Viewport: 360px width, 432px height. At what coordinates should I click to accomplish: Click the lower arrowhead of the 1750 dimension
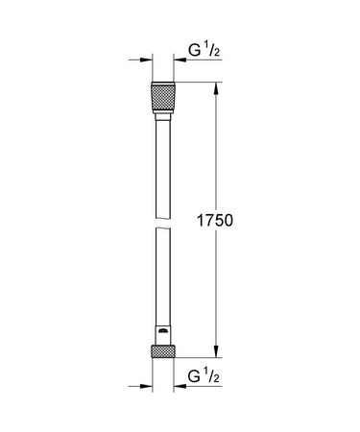tap(215, 354)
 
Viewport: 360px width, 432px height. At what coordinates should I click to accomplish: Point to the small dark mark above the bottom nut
tap(163, 334)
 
